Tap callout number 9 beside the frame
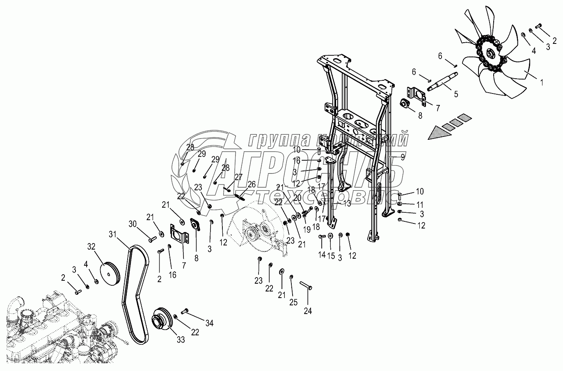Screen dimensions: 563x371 (x=403, y=156)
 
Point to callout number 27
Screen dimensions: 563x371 (x=238, y=177)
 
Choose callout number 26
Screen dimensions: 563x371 (x=251, y=184)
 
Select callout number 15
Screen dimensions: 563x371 (x=330, y=255)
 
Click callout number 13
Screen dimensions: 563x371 (x=347, y=203)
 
